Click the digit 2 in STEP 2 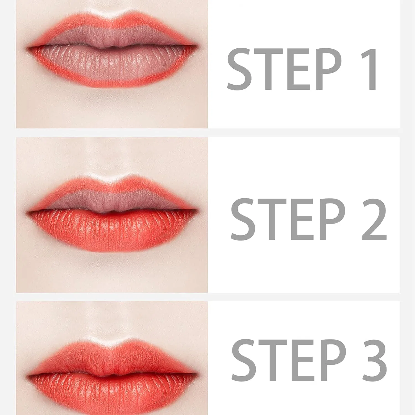tap(374, 219)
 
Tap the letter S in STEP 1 tap(240, 69)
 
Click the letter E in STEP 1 tap(299, 69)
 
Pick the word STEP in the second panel tap(288, 219)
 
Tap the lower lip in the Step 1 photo tap(112, 66)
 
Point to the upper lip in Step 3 tap(112, 358)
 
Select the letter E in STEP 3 tap(303, 360)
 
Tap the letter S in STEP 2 tap(243, 219)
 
